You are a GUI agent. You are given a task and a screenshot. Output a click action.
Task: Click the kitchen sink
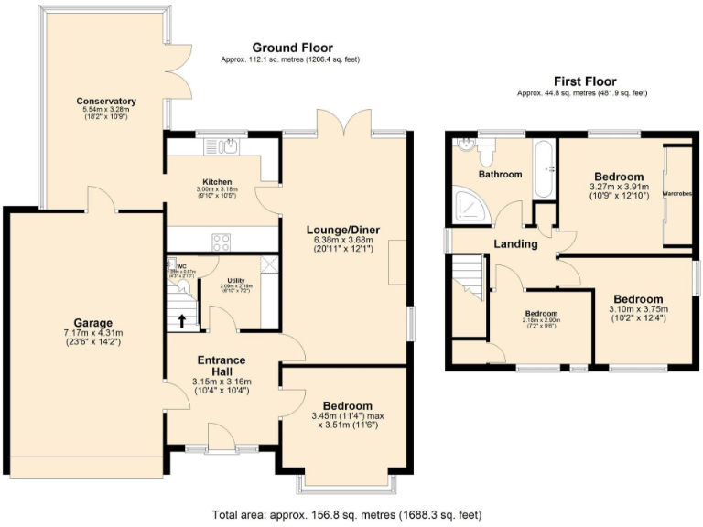223,146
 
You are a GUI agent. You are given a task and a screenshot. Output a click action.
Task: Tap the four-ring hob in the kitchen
222,242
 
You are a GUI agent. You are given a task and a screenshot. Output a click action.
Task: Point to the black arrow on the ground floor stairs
182,320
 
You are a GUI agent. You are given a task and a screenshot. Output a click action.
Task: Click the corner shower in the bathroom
468,210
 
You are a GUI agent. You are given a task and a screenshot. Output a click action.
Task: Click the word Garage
93,323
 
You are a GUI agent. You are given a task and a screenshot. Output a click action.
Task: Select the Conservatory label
107,102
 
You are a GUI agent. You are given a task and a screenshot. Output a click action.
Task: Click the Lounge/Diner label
343,229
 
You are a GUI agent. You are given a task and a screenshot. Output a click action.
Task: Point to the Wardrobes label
676,193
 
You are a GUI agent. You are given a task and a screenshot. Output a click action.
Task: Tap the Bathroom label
500,175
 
